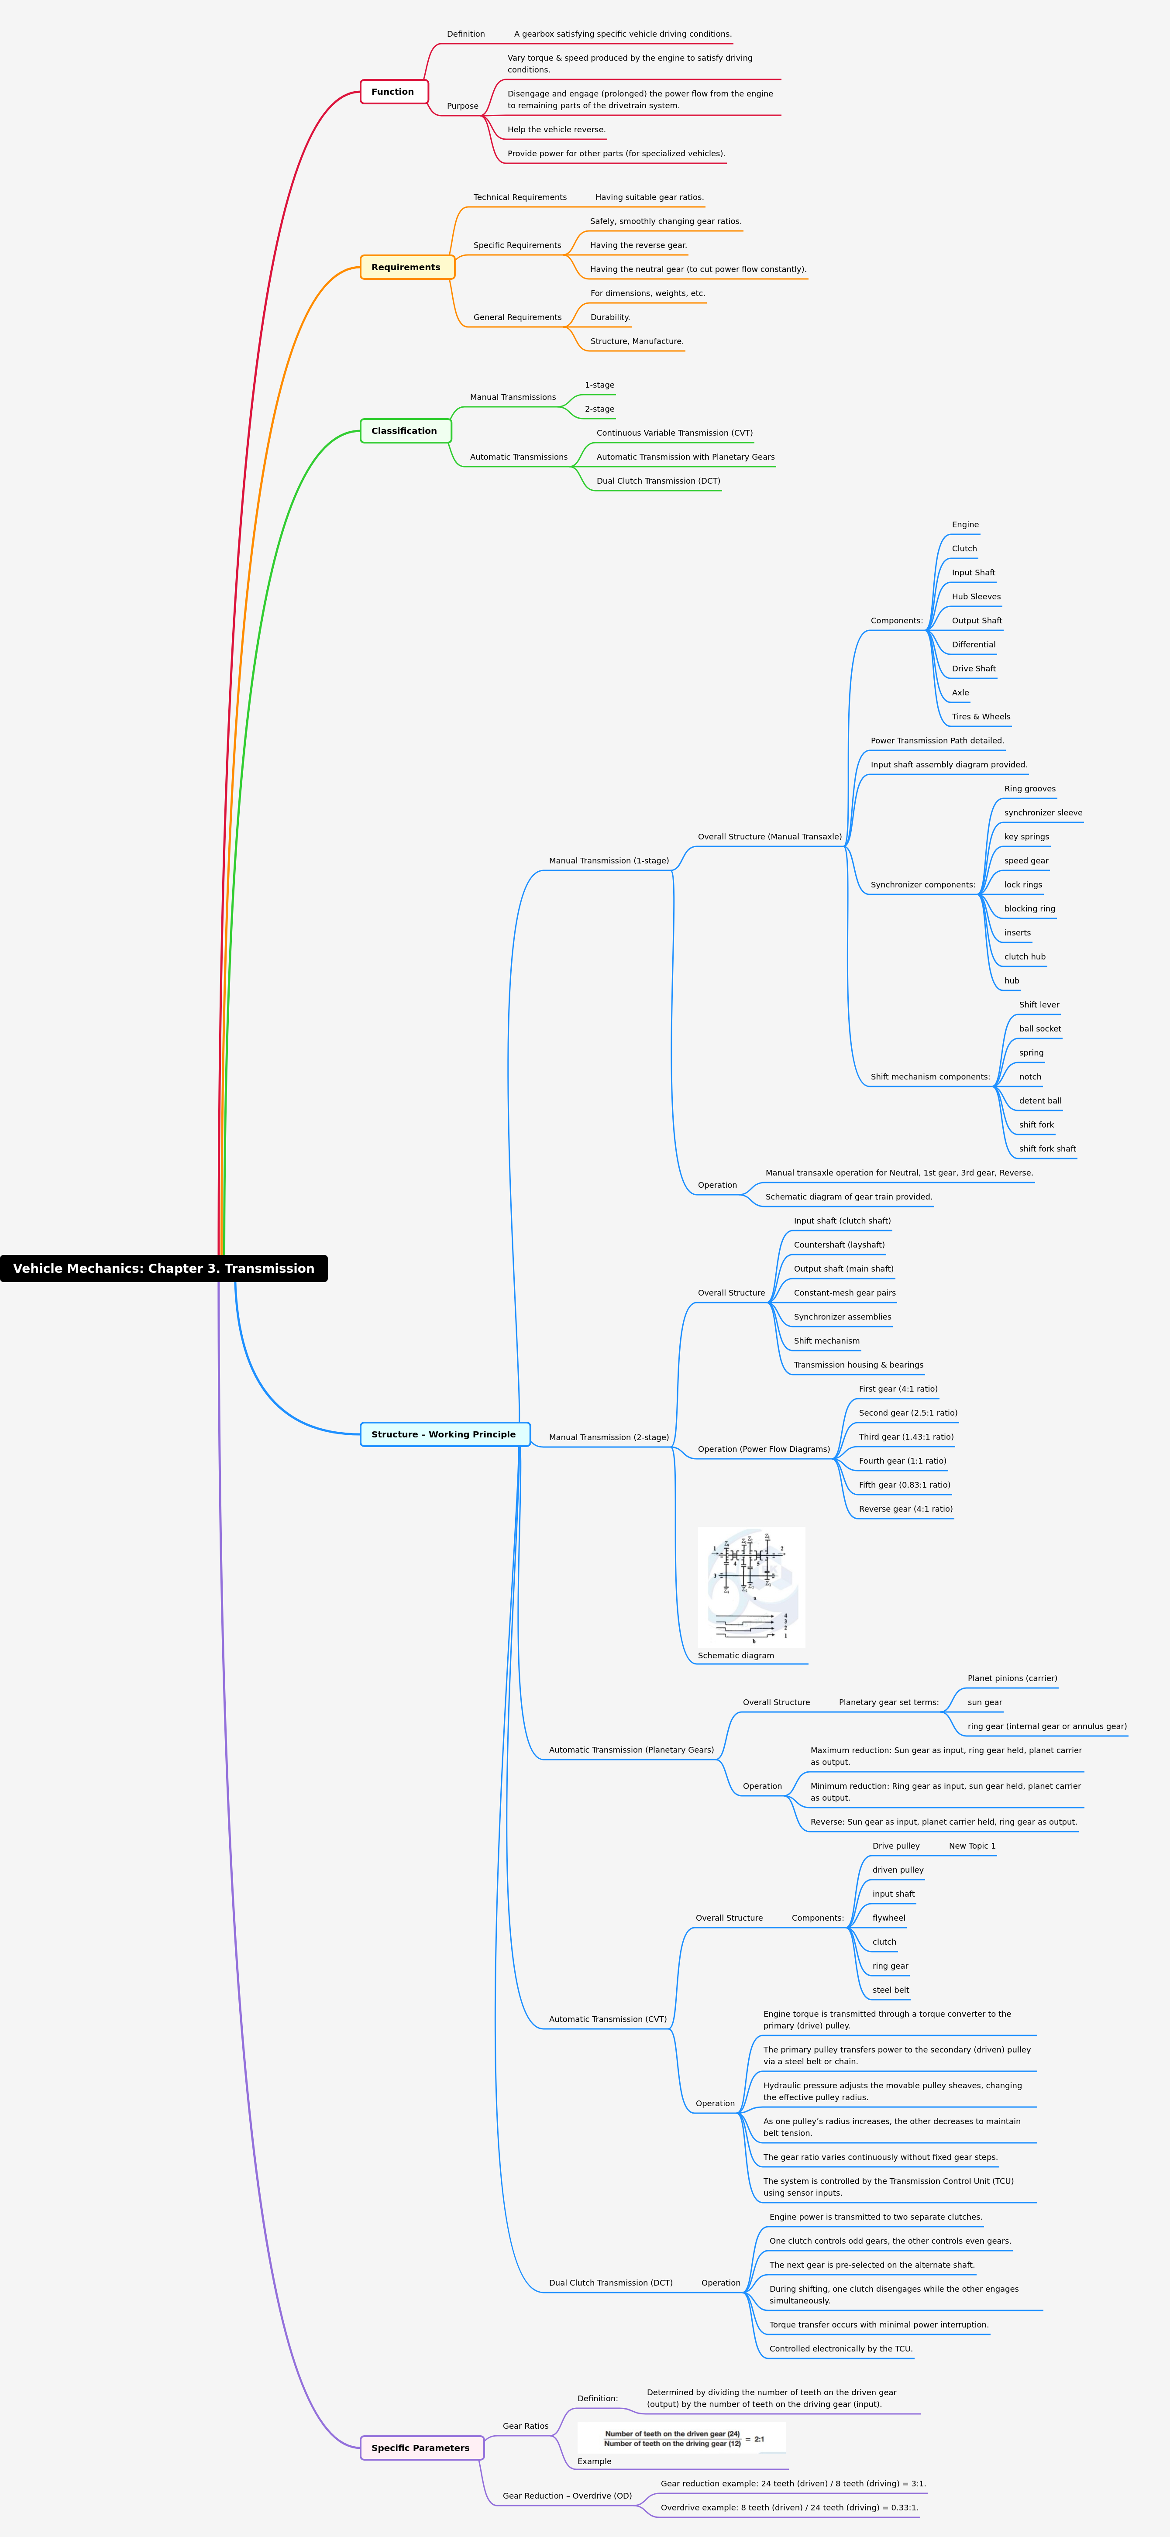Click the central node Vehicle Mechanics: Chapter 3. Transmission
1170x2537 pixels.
(163, 1268)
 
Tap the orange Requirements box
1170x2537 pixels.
(407, 267)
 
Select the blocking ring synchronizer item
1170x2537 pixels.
(1029, 909)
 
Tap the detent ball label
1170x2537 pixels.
(1040, 1101)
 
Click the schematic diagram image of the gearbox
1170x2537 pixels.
(751, 1587)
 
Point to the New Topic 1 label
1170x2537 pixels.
(972, 1846)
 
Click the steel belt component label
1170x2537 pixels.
(890, 1990)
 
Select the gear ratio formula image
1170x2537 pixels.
(681, 2438)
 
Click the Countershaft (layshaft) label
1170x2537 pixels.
(839, 1245)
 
